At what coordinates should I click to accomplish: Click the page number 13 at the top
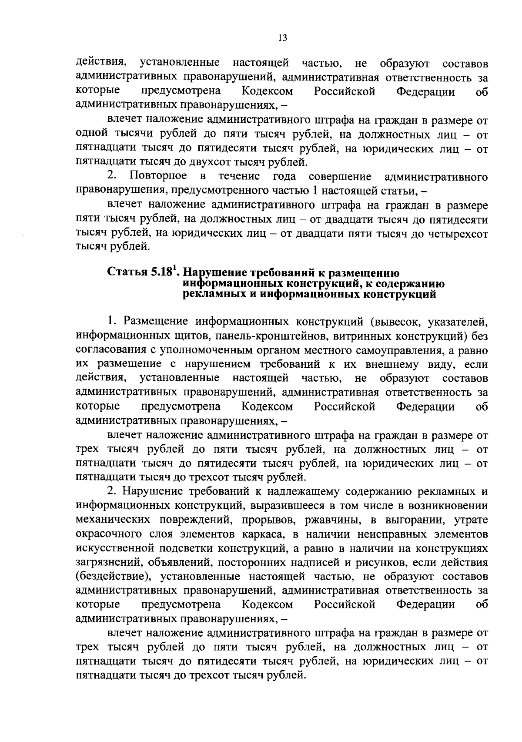[282, 38]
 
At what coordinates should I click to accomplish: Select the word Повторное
[158, 176]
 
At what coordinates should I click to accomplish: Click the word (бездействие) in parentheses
[114, 577]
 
